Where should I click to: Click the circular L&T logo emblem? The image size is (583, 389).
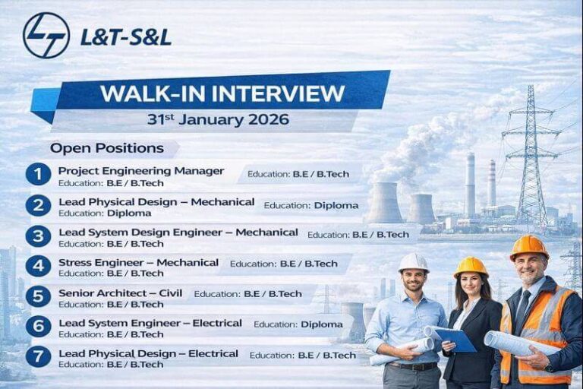tap(46, 36)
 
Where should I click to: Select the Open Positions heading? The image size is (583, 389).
tap(107, 148)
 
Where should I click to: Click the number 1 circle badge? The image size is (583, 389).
tap(38, 175)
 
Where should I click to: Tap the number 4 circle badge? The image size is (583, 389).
tap(38, 266)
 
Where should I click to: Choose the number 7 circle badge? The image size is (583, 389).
tap(38, 356)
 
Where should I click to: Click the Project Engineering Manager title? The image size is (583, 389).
tap(141, 170)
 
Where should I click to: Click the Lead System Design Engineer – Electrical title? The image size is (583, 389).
tap(150, 322)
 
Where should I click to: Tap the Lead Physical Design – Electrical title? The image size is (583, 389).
tap(148, 353)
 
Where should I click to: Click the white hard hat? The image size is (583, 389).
tap(413, 262)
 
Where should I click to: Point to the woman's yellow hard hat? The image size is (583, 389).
tap(471, 266)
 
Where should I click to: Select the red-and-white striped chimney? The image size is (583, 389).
tap(491, 182)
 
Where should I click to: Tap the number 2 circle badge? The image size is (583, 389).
tap(38, 205)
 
